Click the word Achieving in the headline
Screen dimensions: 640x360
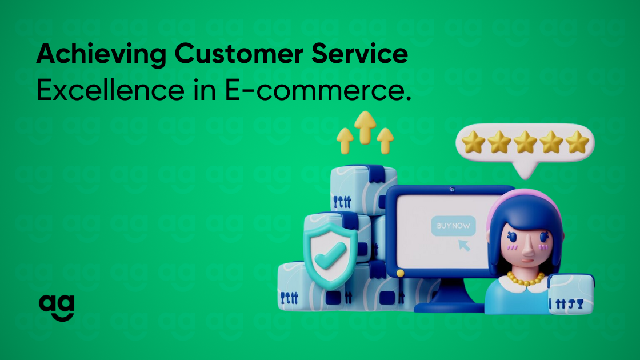point(101,54)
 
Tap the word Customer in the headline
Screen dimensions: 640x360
point(239,54)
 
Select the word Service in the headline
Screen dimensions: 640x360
point(359,54)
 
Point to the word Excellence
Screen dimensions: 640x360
point(111,90)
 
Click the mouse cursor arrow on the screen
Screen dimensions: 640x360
point(464,245)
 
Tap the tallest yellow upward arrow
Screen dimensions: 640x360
point(365,127)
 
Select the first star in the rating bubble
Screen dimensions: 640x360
point(474,142)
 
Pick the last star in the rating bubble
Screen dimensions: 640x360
point(577,142)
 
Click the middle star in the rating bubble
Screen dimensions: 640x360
point(525,142)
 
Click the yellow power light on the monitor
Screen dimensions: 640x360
point(401,273)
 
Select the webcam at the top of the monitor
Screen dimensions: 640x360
point(452,189)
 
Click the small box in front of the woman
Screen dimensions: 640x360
point(571,294)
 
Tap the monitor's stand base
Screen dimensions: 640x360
point(449,307)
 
